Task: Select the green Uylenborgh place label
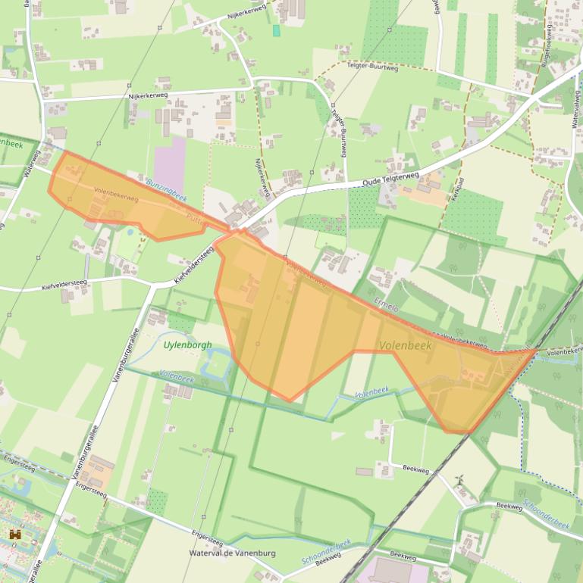tap(188, 344)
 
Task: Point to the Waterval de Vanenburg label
tap(232, 553)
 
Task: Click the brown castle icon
tap(14, 535)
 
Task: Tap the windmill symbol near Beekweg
tap(459, 480)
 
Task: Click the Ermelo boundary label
tap(387, 306)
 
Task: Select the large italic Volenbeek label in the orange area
tap(406, 345)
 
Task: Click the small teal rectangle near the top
tap(276, 30)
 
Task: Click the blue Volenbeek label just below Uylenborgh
tap(177, 375)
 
